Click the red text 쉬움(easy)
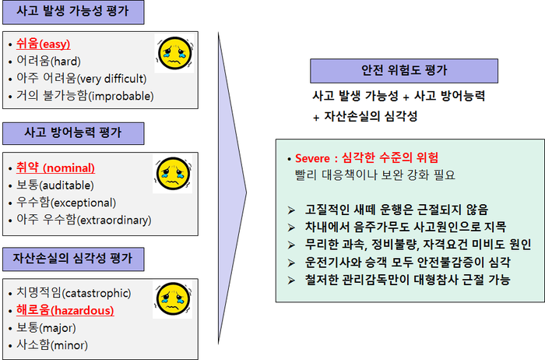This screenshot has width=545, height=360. pyautogui.click(x=44, y=44)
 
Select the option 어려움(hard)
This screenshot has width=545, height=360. pyautogui.click(x=48, y=62)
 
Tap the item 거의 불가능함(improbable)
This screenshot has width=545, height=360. pyautogui.click(x=85, y=96)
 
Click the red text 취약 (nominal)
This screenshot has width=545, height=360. pyautogui.click(x=55, y=168)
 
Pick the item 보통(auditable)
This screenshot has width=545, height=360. pyautogui.click(x=55, y=185)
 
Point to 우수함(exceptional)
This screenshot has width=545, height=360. pyautogui.click(x=66, y=203)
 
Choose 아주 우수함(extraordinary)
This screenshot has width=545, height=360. pyautogui.click(x=84, y=220)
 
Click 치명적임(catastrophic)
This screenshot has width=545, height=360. pyautogui.click(x=74, y=293)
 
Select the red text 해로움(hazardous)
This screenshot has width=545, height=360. pyautogui.click(x=65, y=310)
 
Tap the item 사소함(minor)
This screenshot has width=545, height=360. pyautogui.click(x=52, y=345)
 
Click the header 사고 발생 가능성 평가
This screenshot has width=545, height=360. pyautogui.click(x=73, y=12)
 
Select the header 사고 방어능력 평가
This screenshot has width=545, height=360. pyautogui.click(x=73, y=133)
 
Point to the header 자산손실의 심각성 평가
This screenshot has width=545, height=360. pyautogui.click(x=73, y=259)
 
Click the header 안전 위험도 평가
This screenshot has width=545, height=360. pyautogui.click(x=404, y=71)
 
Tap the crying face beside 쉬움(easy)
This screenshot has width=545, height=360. pyautogui.click(x=174, y=53)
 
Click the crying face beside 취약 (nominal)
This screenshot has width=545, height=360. pyautogui.click(x=173, y=174)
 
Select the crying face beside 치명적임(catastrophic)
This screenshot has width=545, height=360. pyautogui.click(x=173, y=299)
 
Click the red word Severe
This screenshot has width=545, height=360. pyautogui.click(x=312, y=159)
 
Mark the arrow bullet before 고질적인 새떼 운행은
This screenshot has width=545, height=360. pyautogui.click(x=291, y=210)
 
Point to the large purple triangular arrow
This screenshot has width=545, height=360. pyautogui.click(x=232, y=189)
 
